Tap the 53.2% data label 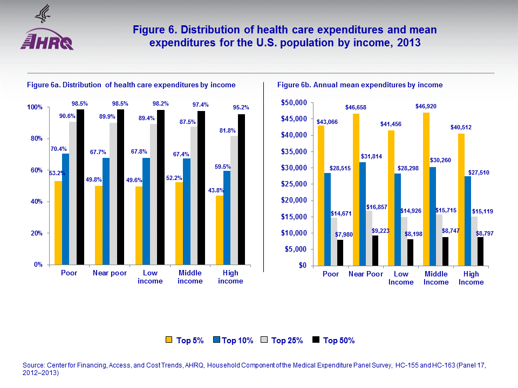coord(57,174)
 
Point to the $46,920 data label coord(426,107)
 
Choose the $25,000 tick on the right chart coord(292,184)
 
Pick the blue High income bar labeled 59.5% coord(227,218)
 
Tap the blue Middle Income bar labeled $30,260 coord(433,216)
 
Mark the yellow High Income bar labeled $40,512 coord(460,199)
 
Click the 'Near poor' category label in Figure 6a coord(110,273)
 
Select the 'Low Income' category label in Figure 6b coord(401,278)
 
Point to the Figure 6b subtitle coord(360,85)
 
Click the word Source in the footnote coord(33,365)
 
